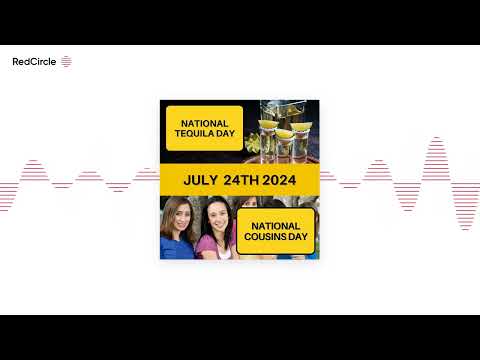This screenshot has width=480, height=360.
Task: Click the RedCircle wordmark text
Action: pos(34,61)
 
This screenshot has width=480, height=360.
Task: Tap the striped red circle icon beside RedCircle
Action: pos(66,61)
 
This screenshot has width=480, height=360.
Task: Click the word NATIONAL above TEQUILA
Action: pos(204,123)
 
